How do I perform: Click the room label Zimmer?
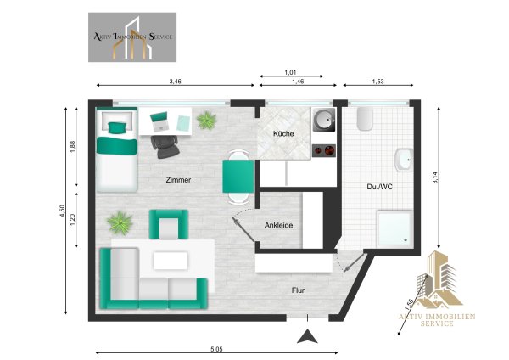pos(178,180)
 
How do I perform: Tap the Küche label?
pos(283,133)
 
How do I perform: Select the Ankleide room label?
pos(278,225)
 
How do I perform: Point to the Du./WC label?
pos(379,187)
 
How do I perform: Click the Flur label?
pos(298,290)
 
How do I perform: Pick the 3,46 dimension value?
pos(175,82)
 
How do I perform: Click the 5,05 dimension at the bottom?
pos(216,349)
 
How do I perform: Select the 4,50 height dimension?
pos(63,211)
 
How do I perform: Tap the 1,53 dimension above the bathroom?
pos(378,82)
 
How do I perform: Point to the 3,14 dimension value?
pos(435,177)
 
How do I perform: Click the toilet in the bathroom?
pos(365,119)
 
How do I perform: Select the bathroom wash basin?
pos(404,160)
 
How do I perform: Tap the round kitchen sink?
pos(324,120)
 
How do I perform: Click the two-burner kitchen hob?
pos(324,151)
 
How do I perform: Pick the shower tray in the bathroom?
pos(394,228)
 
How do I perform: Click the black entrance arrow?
pos(307,336)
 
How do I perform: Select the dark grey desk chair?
pos(165,146)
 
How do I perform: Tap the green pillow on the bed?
pos(117,127)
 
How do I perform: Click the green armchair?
pos(169,224)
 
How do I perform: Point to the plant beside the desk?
pos(207,120)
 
